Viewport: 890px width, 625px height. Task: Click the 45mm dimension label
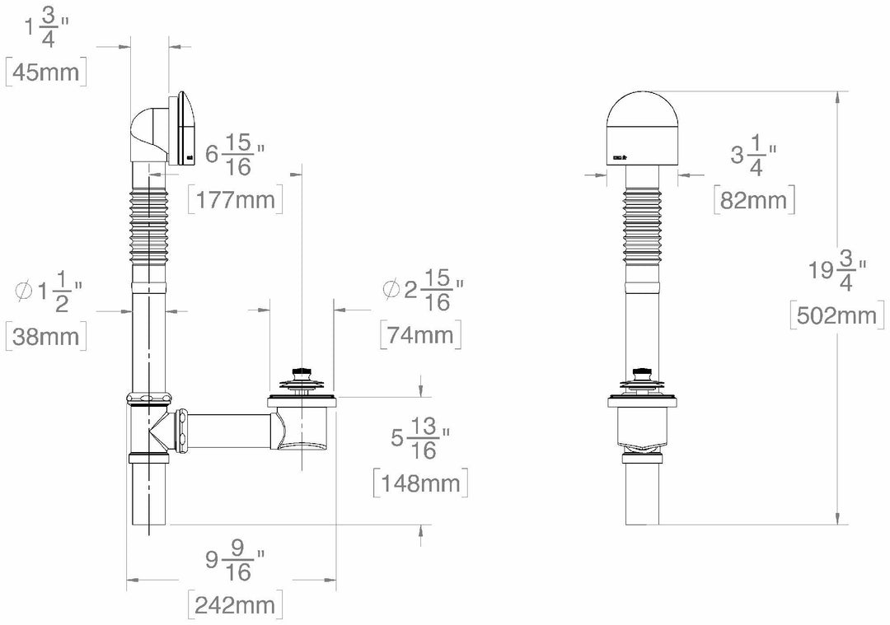point(46,72)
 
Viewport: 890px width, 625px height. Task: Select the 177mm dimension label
point(235,199)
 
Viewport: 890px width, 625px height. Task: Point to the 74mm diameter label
point(420,335)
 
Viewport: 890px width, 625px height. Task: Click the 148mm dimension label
point(420,483)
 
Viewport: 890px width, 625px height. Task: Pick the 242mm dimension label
point(235,605)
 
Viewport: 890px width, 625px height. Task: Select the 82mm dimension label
point(755,198)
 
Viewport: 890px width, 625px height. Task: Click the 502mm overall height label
point(837,315)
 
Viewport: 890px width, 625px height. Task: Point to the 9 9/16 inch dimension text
point(235,561)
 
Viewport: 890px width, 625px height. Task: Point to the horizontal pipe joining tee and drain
point(231,427)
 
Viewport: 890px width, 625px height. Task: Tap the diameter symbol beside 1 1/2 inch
point(24,291)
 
